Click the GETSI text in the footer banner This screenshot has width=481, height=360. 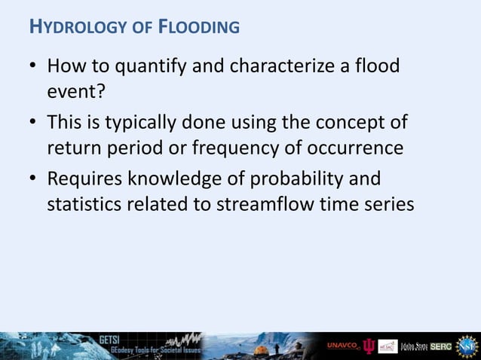tap(110, 338)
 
